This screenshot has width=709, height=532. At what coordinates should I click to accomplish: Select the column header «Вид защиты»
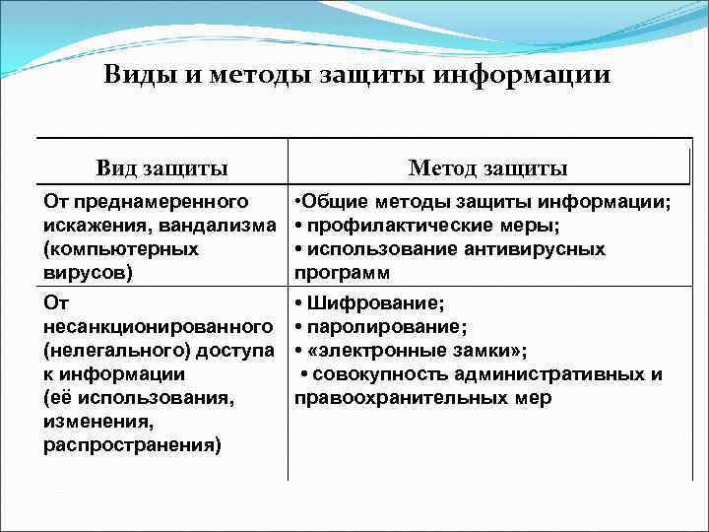pyautogui.click(x=161, y=167)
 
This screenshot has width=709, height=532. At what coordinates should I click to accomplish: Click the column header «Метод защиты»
pyautogui.click(x=487, y=167)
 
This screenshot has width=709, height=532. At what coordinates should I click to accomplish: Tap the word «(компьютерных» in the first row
pyautogui.click(x=121, y=249)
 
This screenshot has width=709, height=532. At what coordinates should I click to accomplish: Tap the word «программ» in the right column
pyautogui.click(x=342, y=272)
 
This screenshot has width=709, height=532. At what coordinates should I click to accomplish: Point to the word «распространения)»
pyautogui.click(x=132, y=445)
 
